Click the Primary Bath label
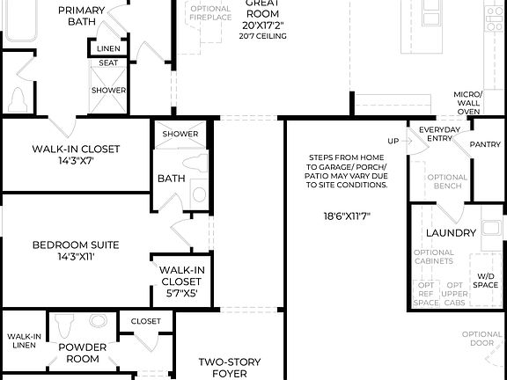point(82,16)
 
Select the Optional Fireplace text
point(211,14)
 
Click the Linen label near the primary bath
point(109,48)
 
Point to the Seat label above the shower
point(109,63)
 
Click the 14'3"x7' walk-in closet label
point(76,155)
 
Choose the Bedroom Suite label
point(76,251)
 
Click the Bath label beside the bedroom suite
point(171,179)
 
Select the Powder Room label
point(82,353)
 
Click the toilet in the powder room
point(62,327)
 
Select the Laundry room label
point(451,233)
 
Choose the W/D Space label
point(486,280)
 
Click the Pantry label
point(485,144)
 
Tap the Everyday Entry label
point(439,135)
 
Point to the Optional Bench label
point(447,182)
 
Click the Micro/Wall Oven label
point(467,103)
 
